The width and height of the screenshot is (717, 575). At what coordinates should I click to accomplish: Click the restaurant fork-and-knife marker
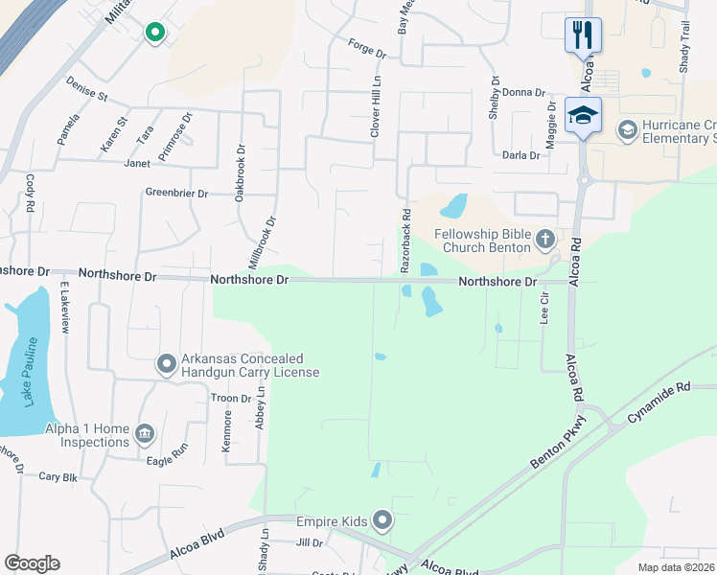(583, 35)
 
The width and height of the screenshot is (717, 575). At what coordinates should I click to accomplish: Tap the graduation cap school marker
(583, 115)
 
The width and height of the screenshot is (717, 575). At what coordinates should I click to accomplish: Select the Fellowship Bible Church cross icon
(545, 239)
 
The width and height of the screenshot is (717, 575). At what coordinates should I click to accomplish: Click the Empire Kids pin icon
(382, 520)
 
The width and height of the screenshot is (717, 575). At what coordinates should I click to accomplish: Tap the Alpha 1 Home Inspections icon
(145, 433)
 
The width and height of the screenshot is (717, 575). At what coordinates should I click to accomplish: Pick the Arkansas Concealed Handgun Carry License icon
(166, 363)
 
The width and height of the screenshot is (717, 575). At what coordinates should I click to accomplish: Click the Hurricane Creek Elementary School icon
(628, 129)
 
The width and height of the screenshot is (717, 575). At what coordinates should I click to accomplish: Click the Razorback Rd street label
(405, 239)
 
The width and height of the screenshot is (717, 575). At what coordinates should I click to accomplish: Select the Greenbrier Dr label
(176, 193)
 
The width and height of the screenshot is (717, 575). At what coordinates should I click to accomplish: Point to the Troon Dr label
(231, 398)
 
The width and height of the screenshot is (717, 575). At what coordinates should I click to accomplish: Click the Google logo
(32, 563)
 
